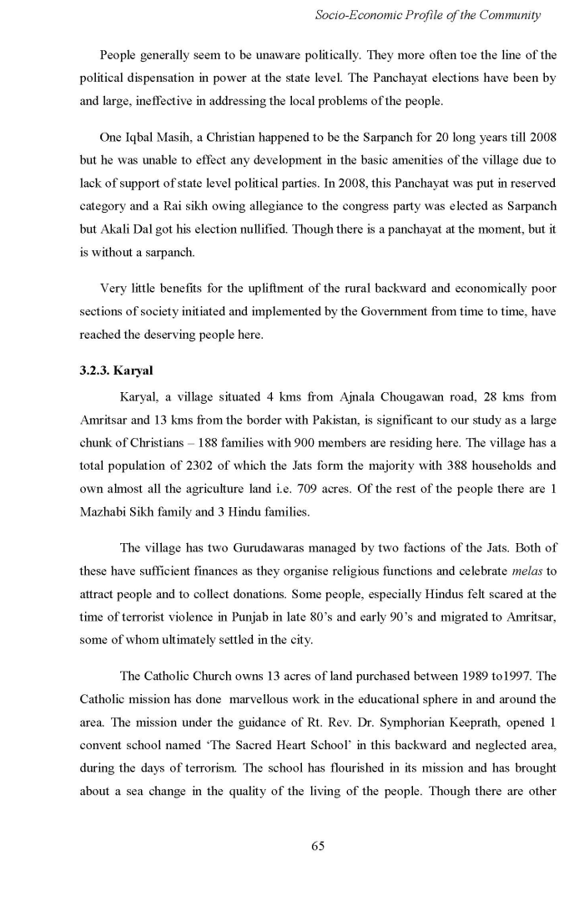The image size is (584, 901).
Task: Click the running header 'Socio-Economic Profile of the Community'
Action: click(427, 15)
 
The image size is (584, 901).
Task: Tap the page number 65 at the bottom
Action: click(317, 846)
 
